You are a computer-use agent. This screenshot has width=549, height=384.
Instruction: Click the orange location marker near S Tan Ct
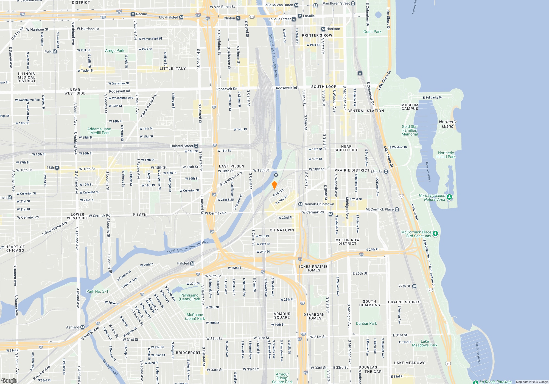[274, 185]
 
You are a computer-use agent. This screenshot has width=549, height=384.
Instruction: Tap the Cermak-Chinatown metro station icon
[300, 204]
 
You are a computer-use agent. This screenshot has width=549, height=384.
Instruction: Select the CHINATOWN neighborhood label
[282, 230]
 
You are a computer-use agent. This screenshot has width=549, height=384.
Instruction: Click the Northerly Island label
[447, 124]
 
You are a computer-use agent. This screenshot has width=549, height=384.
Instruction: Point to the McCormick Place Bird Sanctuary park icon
[435, 234]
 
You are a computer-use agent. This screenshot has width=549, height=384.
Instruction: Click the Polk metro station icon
[55, 52]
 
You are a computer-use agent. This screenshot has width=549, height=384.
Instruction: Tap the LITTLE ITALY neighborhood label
[173, 69]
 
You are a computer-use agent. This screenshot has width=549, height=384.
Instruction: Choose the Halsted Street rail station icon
[196, 146]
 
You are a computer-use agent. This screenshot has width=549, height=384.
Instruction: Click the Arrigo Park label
[114, 50]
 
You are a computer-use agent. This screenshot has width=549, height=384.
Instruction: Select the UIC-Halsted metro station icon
[181, 17]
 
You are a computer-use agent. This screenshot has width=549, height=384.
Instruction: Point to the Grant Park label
[372, 32]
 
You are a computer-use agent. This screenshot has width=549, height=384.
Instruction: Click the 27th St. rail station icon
[414, 286]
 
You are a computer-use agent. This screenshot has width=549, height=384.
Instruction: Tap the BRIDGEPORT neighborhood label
[188, 353]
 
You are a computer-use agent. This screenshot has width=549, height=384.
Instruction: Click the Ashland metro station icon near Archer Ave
[82, 327]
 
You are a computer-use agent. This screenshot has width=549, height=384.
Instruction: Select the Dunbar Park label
[366, 323]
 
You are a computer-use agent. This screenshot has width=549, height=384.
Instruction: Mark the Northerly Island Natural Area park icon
[449, 197]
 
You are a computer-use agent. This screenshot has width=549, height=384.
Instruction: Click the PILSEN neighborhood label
[140, 215]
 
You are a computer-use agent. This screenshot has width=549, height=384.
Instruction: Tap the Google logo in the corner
[9, 381]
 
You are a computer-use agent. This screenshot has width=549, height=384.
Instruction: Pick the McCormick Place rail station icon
[397, 209]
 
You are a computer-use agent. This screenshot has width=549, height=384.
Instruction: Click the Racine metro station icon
[133, 14]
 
